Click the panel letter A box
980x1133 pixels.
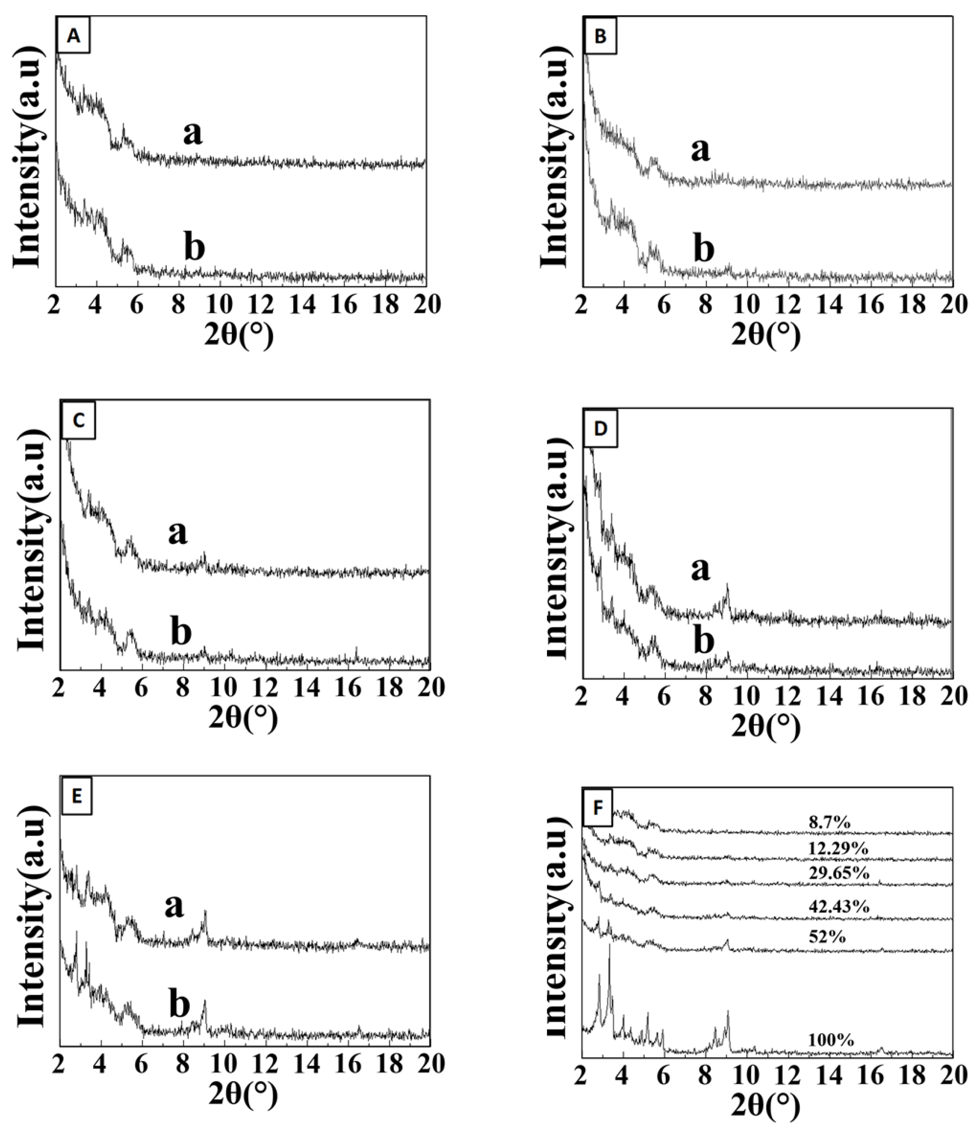[x=73, y=36]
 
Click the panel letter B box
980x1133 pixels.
[x=601, y=37]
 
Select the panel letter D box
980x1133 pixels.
[x=601, y=429]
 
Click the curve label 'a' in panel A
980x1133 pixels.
[x=192, y=134]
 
